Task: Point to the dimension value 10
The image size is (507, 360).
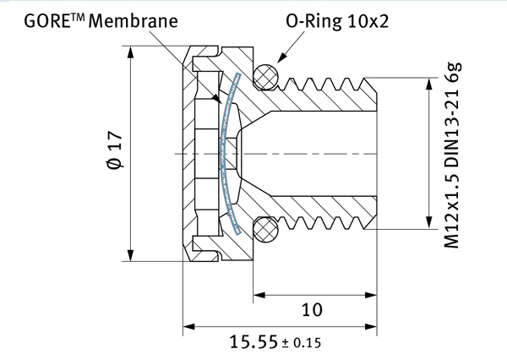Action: tap(312, 309)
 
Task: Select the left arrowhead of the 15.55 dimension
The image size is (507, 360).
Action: tap(189, 326)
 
